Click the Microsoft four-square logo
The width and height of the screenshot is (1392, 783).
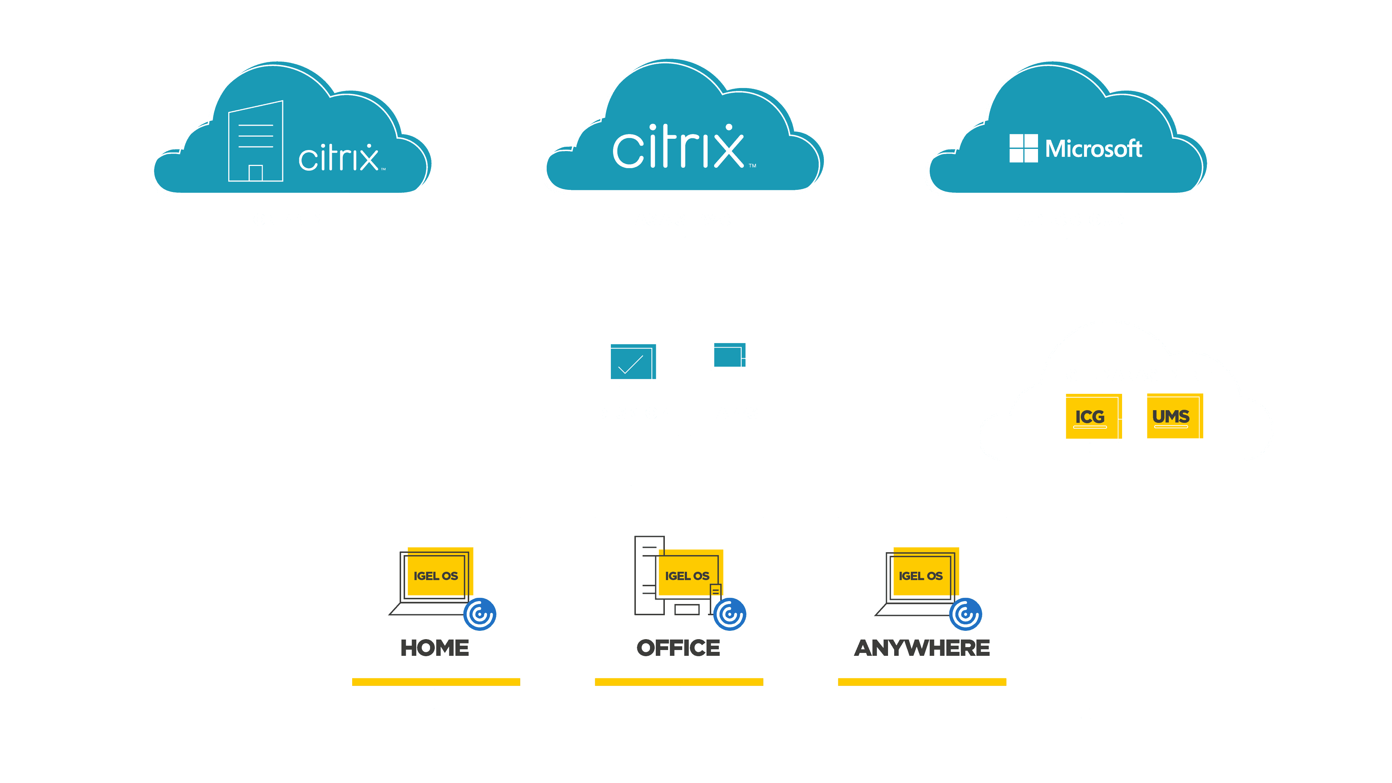(1023, 148)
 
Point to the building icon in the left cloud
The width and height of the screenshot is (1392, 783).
(255, 142)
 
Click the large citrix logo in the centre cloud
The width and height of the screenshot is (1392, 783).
(679, 147)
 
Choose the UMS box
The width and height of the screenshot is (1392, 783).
(1171, 417)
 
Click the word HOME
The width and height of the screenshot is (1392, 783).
(434, 648)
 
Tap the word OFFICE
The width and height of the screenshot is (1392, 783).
(678, 648)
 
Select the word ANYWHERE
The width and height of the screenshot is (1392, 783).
(921, 648)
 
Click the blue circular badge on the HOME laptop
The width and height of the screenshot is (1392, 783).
(480, 615)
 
